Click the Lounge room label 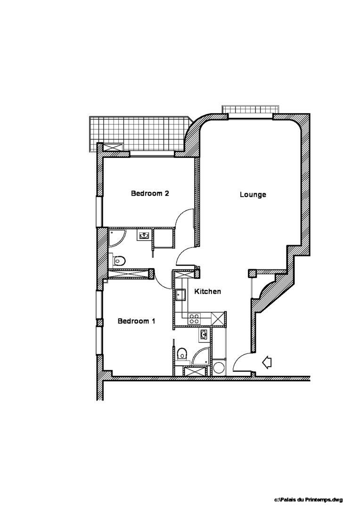click(x=253, y=195)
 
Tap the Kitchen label click(x=207, y=292)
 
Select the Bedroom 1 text click(x=136, y=321)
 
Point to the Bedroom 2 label click(x=150, y=193)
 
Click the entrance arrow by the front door click(x=267, y=362)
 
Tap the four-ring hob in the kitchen click(x=195, y=319)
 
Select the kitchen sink click(x=180, y=295)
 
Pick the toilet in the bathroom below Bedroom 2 click(x=119, y=260)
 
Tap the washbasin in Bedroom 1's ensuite click(x=204, y=334)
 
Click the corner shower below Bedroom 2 click(x=115, y=238)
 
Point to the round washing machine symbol click(x=219, y=368)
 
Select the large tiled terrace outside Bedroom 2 click(x=139, y=134)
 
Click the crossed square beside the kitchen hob click(x=218, y=318)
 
